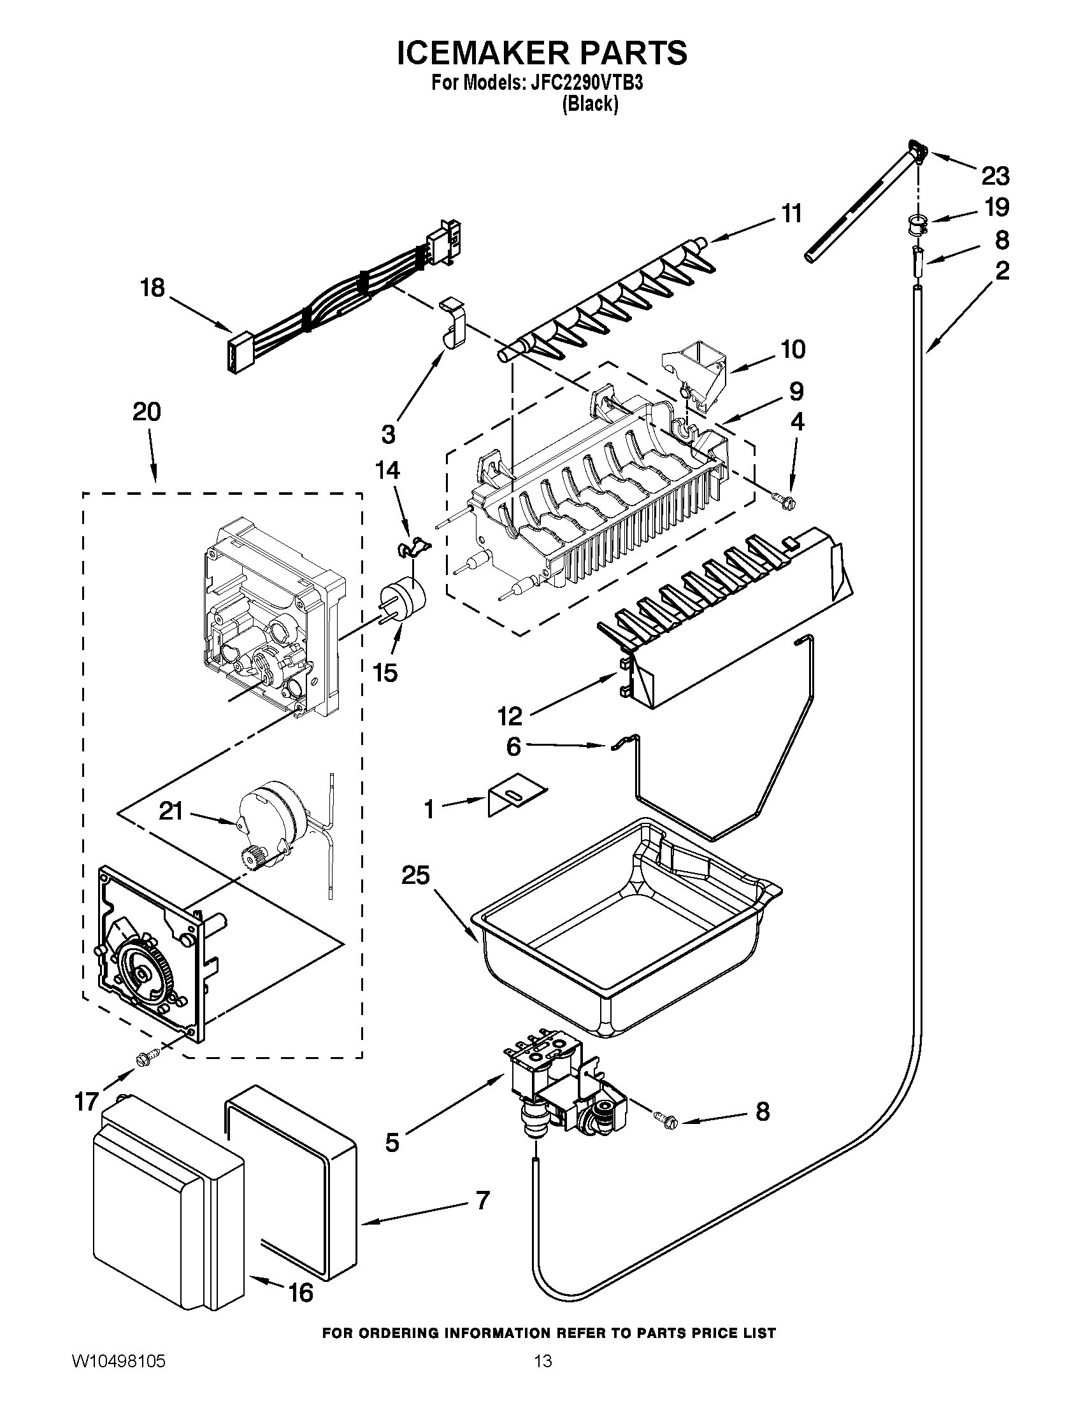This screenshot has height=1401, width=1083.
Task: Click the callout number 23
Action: pyautogui.click(x=994, y=175)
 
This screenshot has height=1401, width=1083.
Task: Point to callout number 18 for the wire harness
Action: pyautogui.click(x=153, y=288)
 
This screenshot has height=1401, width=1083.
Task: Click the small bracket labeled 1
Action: pyautogui.click(x=515, y=797)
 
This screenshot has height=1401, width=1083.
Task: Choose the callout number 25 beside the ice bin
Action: pyautogui.click(x=415, y=875)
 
